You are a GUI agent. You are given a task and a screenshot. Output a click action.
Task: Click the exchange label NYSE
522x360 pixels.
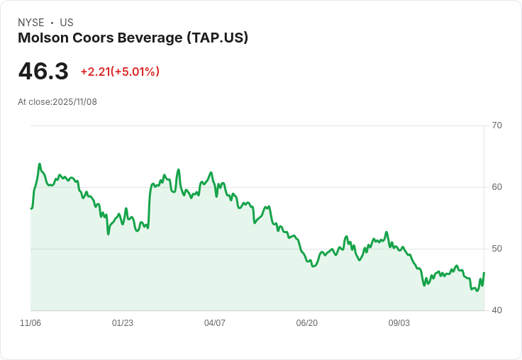click(x=30, y=23)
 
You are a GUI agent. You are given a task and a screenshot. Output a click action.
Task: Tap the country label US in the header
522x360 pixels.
click(x=67, y=23)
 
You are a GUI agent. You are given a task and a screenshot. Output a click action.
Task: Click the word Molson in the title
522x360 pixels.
click(x=41, y=38)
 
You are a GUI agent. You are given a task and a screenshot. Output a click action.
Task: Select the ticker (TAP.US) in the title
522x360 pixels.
click(x=217, y=38)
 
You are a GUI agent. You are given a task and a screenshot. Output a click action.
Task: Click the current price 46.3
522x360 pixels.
click(x=43, y=72)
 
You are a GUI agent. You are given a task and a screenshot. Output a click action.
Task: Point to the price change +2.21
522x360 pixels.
click(x=95, y=72)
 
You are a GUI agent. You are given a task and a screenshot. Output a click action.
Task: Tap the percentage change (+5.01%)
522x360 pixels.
click(x=135, y=72)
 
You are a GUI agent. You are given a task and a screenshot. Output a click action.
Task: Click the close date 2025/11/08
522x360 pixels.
click(x=74, y=102)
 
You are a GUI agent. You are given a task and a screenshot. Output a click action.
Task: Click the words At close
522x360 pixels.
click(x=34, y=102)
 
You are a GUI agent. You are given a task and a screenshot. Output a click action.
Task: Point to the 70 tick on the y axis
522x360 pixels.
click(x=496, y=125)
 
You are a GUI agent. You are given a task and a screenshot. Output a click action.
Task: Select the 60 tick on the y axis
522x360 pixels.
click(x=496, y=187)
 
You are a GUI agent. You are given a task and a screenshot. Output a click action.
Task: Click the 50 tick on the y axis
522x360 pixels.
click(x=496, y=249)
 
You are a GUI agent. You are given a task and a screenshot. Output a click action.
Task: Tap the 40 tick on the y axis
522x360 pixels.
click(x=496, y=310)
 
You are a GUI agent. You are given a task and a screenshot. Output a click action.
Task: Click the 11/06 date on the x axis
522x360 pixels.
click(x=30, y=323)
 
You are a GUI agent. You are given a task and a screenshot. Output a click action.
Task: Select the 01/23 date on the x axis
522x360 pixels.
click(x=123, y=323)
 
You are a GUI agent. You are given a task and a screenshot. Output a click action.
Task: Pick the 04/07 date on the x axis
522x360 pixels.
click(x=215, y=323)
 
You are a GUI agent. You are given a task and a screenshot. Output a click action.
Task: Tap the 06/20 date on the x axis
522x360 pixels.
click(x=306, y=323)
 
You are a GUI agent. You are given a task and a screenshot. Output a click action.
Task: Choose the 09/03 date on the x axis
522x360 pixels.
click(x=399, y=323)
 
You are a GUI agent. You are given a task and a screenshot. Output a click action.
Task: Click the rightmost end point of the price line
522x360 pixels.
click(x=484, y=272)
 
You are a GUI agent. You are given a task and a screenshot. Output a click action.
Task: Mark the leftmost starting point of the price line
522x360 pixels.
click(x=31, y=208)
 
